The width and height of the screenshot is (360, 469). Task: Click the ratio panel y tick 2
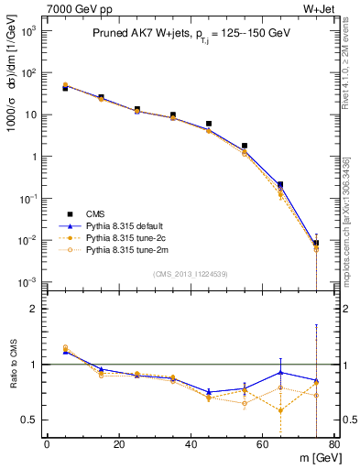click(34, 310)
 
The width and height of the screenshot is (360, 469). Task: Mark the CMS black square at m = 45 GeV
click(209, 124)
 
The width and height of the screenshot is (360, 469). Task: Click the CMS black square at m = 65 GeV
click(280, 185)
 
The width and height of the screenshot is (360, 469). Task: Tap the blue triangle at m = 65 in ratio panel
click(280, 372)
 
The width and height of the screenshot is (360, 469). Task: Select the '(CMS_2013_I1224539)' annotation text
click(191, 273)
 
